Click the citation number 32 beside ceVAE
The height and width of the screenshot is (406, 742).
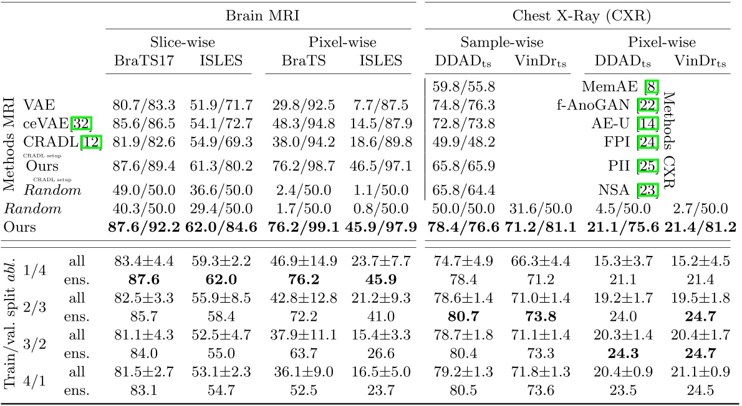(80, 123)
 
